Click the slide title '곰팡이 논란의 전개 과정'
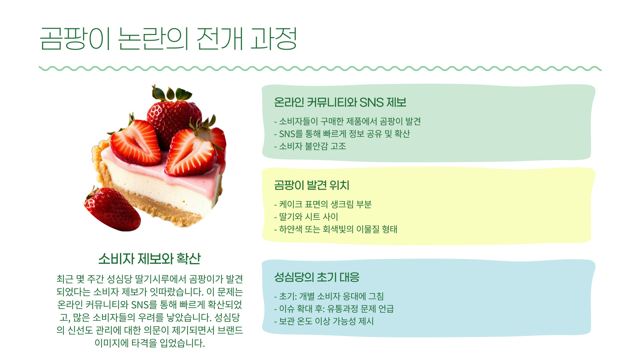[168, 39]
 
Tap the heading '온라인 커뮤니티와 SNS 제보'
[340, 102]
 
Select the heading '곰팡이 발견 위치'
[312, 185]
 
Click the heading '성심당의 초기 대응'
[317, 277]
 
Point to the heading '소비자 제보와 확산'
[149, 259]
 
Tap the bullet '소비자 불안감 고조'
[312, 146]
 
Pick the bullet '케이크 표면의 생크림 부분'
[325, 204]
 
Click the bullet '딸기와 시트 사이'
[308, 217]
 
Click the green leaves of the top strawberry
[172, 93]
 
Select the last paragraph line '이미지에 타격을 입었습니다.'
[149, 343]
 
